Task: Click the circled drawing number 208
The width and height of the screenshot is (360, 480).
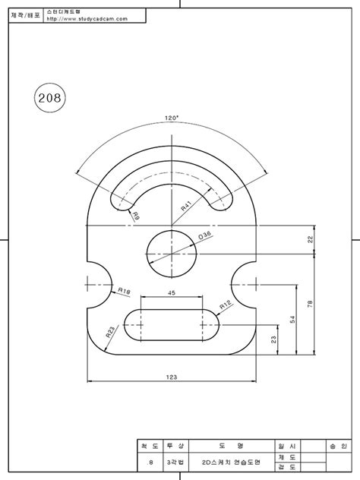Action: tap(50, 98)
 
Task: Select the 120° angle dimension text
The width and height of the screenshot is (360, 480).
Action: tap(172, 118)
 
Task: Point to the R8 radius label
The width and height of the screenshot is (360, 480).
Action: tap(136, 216)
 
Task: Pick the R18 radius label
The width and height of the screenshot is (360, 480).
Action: tap(125, 291)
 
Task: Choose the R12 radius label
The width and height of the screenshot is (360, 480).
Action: tap(226, 305)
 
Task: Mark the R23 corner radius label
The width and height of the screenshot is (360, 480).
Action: tap(109, 332)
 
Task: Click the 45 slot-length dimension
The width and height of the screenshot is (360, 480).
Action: tap(172, 292)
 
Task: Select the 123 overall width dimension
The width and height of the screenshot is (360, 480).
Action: tap(172, 377)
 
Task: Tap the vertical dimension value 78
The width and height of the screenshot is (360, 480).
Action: tap(309, 304)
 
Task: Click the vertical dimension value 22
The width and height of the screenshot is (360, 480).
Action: tap(309, 239)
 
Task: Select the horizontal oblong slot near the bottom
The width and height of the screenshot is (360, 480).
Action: tap(172, 324)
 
